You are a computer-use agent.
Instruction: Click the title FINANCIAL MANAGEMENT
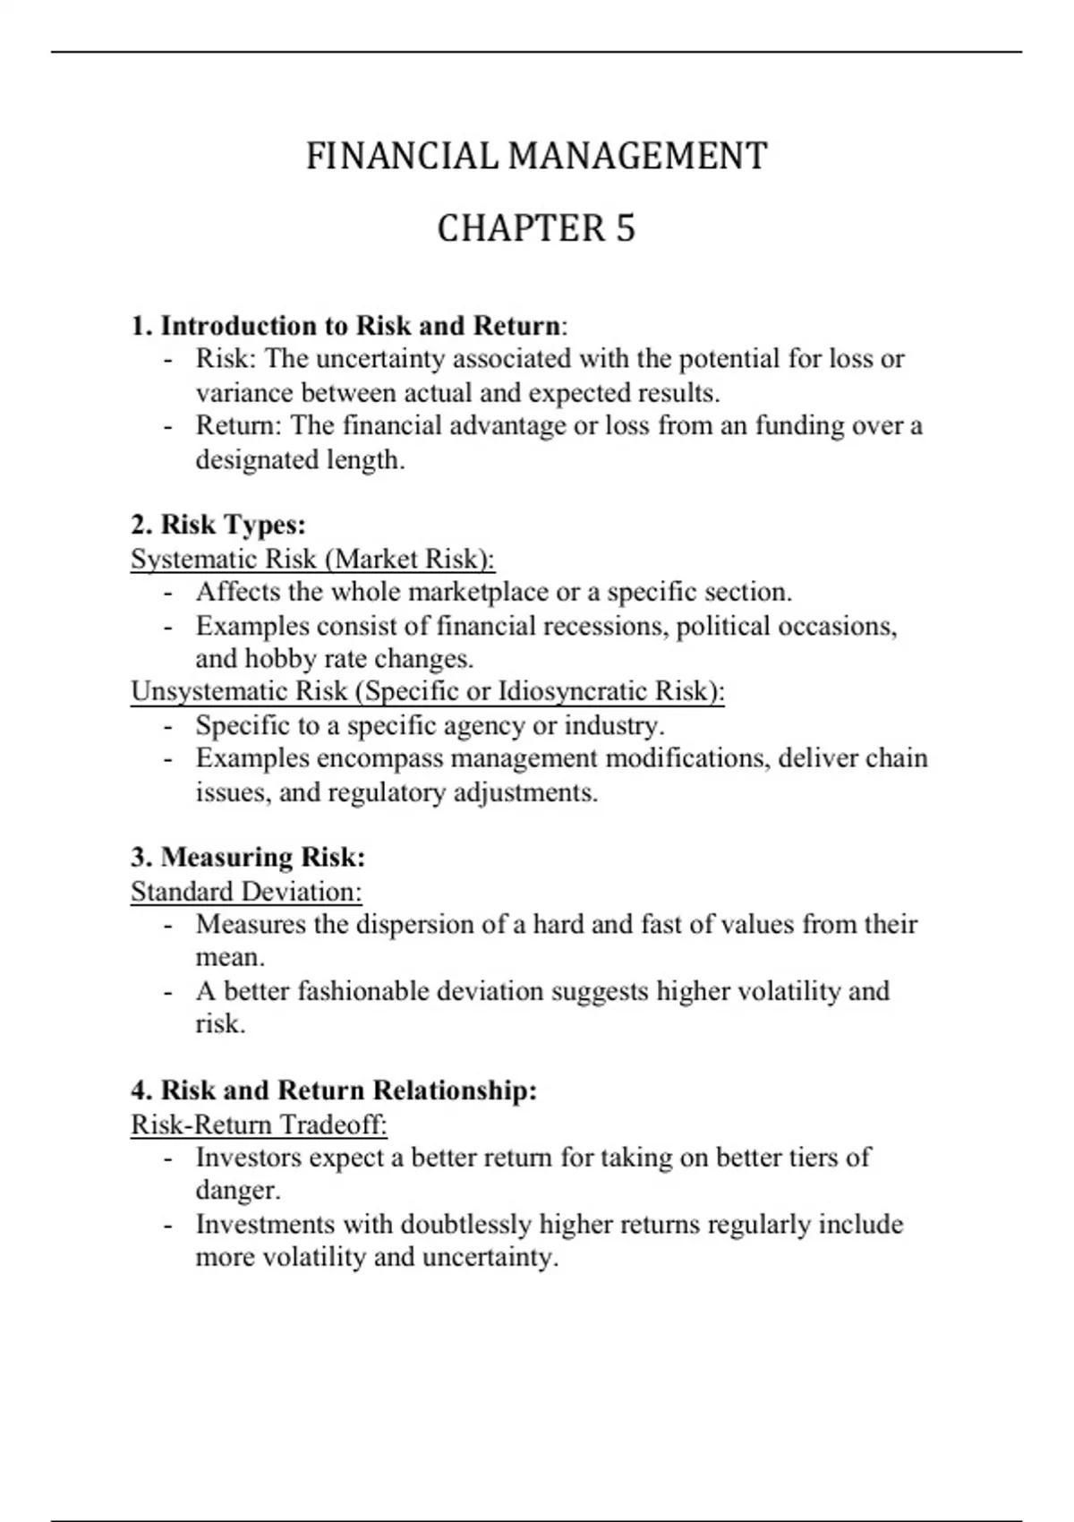(536, 156)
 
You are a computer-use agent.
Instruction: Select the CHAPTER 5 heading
(536, 228)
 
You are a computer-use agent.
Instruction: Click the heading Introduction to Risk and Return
(349, 325)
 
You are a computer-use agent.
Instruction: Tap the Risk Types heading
(218, 525)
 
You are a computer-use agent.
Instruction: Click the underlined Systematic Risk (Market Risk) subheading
(312, 559)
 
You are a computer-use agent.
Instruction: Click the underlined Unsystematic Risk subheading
(427, 691)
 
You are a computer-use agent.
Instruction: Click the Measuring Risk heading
(248, 857)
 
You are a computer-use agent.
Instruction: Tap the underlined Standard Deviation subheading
(246, 892)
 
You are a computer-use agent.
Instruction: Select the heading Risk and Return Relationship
(334, 1090)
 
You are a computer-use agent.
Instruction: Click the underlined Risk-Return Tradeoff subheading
(259, 1124)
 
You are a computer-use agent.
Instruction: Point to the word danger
(237, 1191)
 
